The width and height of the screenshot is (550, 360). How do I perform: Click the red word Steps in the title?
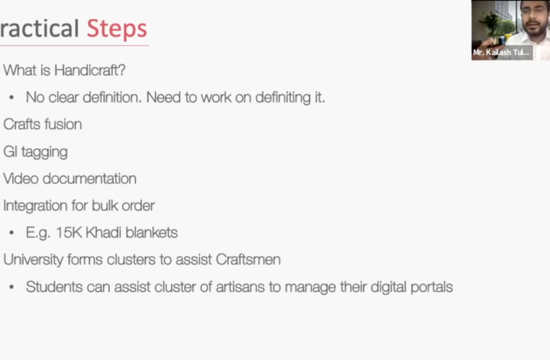tap(117, 29)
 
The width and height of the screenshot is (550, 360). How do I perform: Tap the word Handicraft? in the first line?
tap(90, 70)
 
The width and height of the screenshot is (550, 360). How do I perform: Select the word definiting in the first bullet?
tap(283, 98)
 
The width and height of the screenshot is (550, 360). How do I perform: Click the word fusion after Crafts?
tap(64, 125)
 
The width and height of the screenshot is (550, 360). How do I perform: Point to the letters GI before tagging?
tap(10, 151)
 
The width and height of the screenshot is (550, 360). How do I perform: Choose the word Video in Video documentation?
tap(21, 179)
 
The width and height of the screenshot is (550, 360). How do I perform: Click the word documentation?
tap(89, 179)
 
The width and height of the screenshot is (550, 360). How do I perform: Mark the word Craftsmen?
tap(248, 260)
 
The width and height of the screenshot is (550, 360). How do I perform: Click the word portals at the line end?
tap(432, 287)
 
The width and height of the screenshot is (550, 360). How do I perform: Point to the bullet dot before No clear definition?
tap(11, 98)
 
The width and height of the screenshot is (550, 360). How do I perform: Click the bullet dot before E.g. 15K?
tap(11, 233)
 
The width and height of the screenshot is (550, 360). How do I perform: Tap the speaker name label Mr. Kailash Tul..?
tap(501, 53)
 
